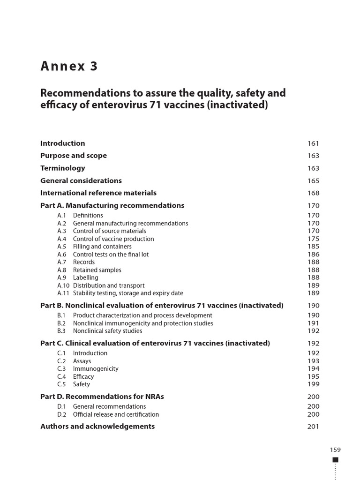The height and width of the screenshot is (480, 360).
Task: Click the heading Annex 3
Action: click(69, 67)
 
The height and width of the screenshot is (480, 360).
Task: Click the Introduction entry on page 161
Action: click(63, 143)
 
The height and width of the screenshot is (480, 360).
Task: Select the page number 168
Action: click(313, 193)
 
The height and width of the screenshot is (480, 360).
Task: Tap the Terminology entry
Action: click(63, 168)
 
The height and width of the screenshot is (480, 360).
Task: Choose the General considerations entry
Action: click(81, 181)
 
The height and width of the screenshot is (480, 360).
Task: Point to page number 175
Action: click(313, 239)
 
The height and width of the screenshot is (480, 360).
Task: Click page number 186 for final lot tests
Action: click(313, 255)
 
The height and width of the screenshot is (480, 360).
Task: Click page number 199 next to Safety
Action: click(313, 384)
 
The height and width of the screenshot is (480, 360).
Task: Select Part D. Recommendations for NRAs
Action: click(102, 397)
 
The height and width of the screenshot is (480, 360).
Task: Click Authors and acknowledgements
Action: click(97, 427)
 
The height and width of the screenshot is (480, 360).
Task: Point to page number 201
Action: click(313, 427)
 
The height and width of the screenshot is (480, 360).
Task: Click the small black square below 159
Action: click(335, 460)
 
